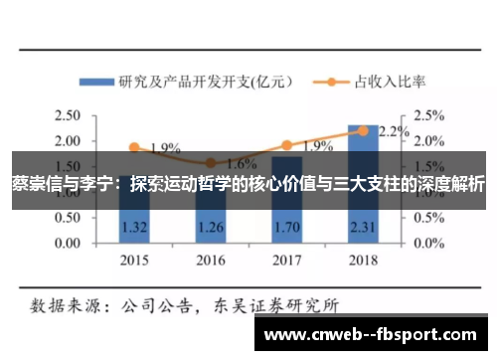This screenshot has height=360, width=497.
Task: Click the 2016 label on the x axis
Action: pos(211,262)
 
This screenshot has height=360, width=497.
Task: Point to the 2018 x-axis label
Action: pos(364,262)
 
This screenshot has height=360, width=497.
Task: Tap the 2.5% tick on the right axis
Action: pos(429,116)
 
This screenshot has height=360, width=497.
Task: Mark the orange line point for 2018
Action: pos(364,130)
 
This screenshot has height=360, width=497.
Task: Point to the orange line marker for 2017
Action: pos(287,145)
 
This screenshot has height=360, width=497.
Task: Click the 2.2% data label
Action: pos(394,131)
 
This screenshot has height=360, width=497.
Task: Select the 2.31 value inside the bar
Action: pos(364,226)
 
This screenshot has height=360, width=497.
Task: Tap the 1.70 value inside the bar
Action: pos(287,226)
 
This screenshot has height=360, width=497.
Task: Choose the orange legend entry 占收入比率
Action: pos(383,82)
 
